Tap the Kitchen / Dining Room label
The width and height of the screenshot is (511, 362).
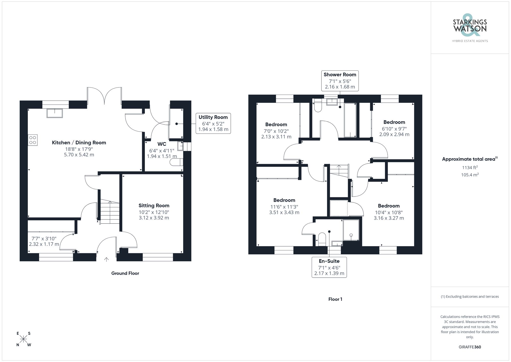79,142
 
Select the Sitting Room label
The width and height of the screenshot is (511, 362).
154,205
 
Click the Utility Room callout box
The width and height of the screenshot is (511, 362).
213,123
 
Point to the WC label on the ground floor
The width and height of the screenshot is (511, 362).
162,144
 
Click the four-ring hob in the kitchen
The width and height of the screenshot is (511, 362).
33,140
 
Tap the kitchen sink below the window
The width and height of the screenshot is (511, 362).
54,113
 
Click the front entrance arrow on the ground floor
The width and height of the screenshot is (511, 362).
106,259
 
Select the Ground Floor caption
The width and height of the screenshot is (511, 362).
125,273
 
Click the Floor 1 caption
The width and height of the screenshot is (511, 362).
335,299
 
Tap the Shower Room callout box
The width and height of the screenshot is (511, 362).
340,81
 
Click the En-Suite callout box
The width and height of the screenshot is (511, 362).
329,267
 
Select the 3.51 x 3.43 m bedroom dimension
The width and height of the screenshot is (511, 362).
284,212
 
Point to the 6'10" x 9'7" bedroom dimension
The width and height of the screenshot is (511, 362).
394,129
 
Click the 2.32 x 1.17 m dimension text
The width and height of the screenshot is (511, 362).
44,244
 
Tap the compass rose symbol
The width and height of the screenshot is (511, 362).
24,339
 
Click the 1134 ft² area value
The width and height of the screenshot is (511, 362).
470,168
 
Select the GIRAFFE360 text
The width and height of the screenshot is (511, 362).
470,347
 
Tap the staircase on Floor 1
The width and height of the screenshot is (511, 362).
339,171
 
